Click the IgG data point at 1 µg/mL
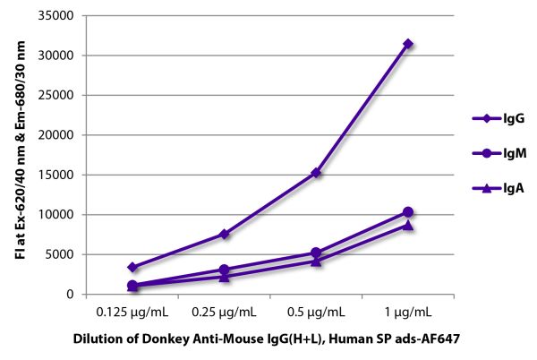[x=408, y=44]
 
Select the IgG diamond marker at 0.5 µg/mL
[x=316, y=172]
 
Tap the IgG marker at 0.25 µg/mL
[x=225, y=234]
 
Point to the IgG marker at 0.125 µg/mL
[x=132, y=267]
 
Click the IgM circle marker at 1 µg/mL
[x=408, y=212]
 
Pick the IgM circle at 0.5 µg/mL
[x=316, y=253]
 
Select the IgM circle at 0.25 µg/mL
[x=225, y=270]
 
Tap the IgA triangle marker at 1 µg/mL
[x=408, y=226]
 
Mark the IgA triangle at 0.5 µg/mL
[x=316, y=261]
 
